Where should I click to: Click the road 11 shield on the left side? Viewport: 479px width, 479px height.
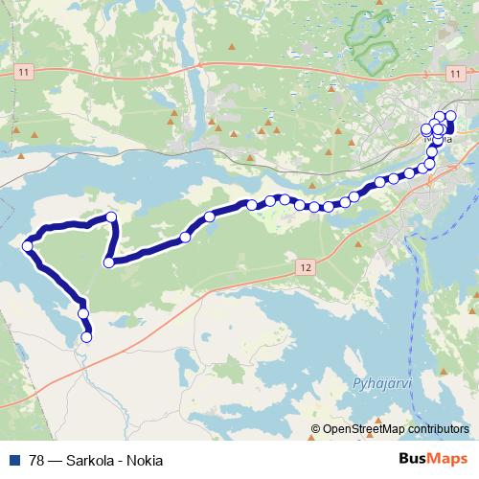(24, 72)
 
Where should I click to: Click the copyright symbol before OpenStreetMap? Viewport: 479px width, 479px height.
(316, 429)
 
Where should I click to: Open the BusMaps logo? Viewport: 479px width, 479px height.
(432, 458)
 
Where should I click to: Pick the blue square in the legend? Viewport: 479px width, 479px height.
(13, 458)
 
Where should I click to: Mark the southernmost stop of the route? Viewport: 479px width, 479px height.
(87, 336)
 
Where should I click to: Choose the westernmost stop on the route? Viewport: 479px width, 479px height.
(28, 246)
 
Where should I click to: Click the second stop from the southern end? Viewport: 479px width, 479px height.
(83, 313)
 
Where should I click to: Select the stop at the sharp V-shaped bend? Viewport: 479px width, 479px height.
(109, 262)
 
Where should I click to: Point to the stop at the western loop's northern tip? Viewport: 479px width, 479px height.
(112, 217)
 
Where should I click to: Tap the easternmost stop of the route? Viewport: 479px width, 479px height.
(450, 116)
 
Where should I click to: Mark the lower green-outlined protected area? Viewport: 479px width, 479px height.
(376, 55)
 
